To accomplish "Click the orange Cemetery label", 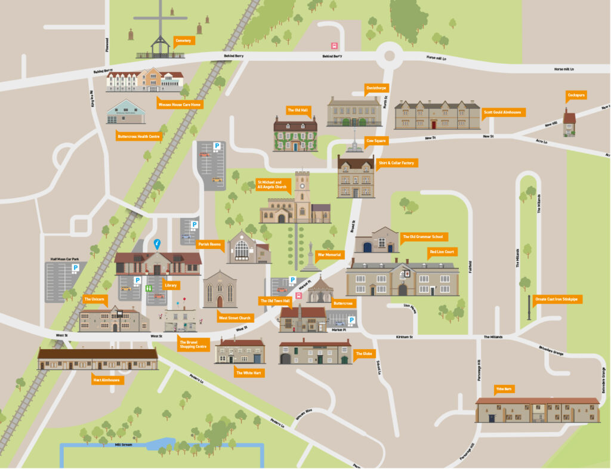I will pos(183,41).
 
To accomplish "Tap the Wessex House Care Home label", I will pos(180,104).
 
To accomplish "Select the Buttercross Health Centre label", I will pos(139,136).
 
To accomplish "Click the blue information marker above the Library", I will pos(158,243).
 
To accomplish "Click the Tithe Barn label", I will pos(505,389).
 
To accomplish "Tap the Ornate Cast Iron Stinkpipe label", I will pos(558,299).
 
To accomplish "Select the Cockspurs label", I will pos(575,95).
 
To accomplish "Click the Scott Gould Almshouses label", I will pos(502,112).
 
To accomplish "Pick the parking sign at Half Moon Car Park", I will pos(75,269).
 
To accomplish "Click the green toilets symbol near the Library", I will pos(148,288).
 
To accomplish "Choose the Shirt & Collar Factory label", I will pos(395,162).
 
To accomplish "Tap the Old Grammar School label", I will pos(422,236).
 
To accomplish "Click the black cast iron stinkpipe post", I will pos(529,310).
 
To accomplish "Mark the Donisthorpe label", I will pos(377,87).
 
